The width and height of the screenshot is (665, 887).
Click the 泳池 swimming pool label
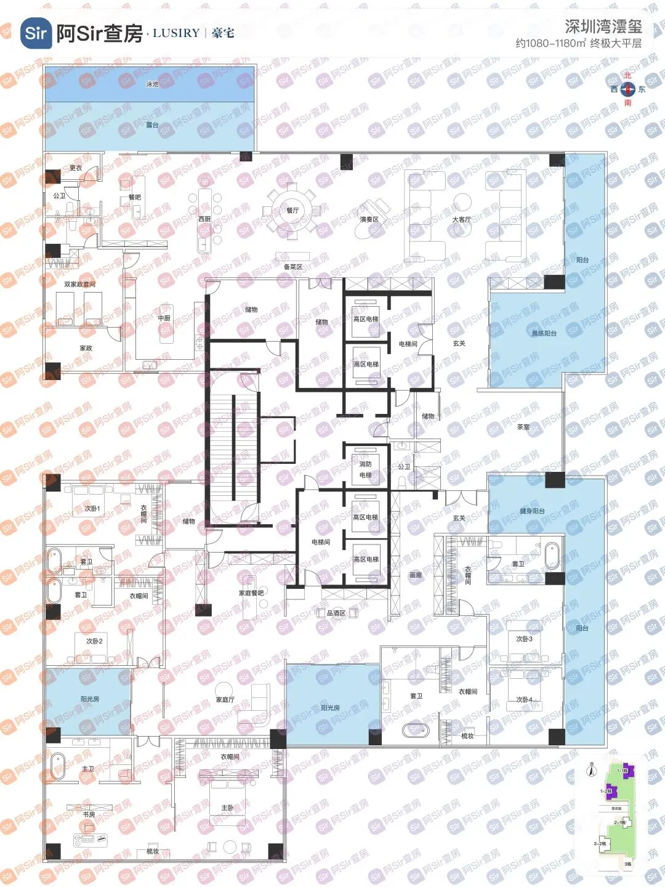point(152,84)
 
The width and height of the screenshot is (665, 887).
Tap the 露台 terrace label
point(152,125)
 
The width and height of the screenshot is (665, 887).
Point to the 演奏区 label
point(369,219)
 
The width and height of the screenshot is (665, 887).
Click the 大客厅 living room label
point(461,219)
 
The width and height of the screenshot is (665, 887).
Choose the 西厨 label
point(204,219)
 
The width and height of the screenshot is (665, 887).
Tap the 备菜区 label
point(293,267)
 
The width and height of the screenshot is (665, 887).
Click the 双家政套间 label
point(80,285)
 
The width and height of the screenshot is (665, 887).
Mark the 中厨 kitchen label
point(164,318)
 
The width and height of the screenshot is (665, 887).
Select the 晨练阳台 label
point(544,333)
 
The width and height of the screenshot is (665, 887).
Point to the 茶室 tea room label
point(523,427)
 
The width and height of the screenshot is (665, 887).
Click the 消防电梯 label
point(366,469)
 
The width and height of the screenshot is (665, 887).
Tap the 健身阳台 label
point(532,511)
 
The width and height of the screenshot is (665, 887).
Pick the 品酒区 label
point(336,613)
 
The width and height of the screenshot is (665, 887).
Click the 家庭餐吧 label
point(251,593)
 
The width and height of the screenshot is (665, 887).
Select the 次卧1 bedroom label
point(92,509)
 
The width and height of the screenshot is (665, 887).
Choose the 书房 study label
point(89,814)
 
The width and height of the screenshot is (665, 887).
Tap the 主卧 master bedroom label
point(227,808)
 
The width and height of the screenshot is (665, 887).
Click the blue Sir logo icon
point(36,33)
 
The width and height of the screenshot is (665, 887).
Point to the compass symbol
point(627,89)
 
